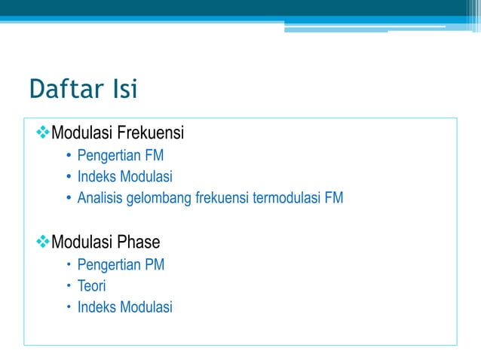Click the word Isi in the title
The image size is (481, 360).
[124, 90]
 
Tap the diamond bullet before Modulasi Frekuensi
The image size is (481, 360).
[42, 134]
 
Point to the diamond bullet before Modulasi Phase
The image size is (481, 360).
[42, 243]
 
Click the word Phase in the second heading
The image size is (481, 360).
[139, 243]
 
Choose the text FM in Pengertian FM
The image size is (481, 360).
[155, 156]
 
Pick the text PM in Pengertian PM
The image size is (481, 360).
[155, 264]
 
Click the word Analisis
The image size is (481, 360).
[100, 199]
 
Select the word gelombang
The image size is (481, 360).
[158, 199]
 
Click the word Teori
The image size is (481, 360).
[91, 286]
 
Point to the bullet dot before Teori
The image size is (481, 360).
[68, 286]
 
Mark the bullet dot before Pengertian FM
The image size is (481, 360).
[68, 157]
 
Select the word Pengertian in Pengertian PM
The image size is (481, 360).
[109, 264]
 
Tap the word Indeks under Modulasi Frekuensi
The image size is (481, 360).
[96, 177]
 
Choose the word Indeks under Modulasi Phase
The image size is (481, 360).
[96, 307]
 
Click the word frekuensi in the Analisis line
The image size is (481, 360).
[221, 199]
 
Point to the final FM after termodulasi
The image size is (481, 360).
[333, 199]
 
